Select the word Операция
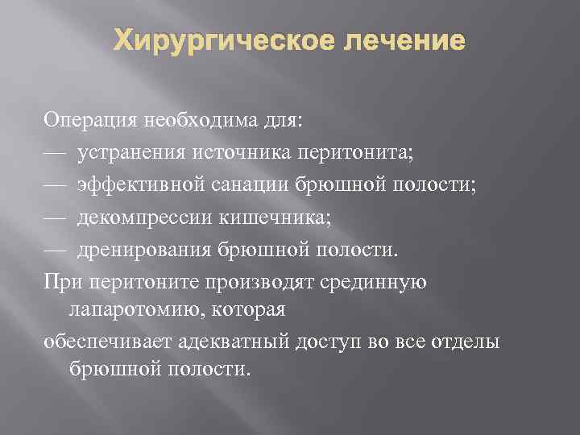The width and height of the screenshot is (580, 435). coord(91,122)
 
